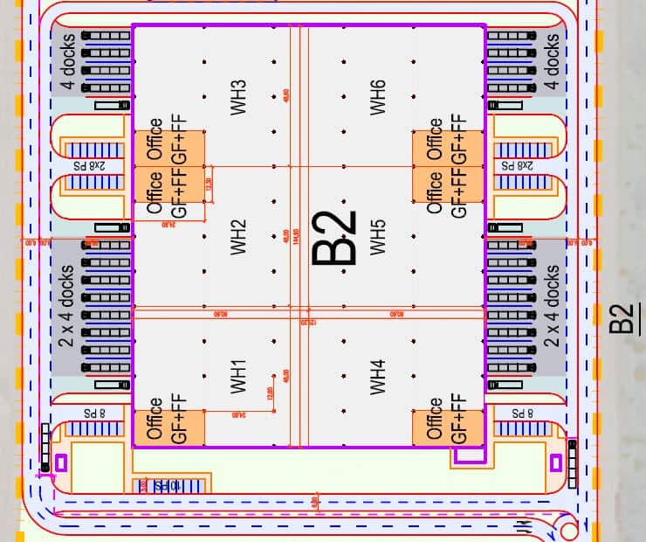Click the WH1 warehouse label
click(238, 375)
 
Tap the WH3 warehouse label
click(238, 97)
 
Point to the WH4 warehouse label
click(377, 375)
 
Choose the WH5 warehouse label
click(377, 236)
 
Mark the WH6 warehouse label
click(377, 97)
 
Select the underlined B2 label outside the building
click(621, 318)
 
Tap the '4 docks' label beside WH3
click(69, 61)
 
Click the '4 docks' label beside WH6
click(551, 61)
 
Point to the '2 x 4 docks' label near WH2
click(69, 307)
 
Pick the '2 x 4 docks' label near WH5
click(551, 307)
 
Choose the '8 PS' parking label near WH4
click(521, 412)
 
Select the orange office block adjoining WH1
click(168, 420)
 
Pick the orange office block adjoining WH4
click(448, 420)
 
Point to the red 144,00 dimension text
click(296, 236)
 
